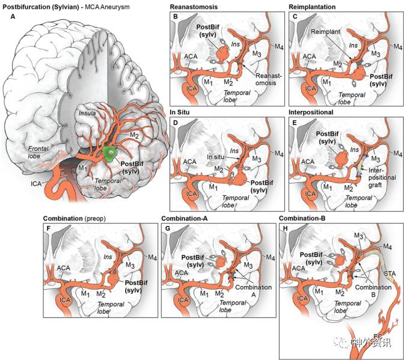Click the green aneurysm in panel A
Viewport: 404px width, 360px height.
click(109, 153)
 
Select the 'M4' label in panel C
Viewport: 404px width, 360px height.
click(397, 47)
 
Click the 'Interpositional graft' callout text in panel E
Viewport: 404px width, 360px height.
click(384, 174)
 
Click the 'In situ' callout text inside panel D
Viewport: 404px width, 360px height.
click(215, 157)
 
